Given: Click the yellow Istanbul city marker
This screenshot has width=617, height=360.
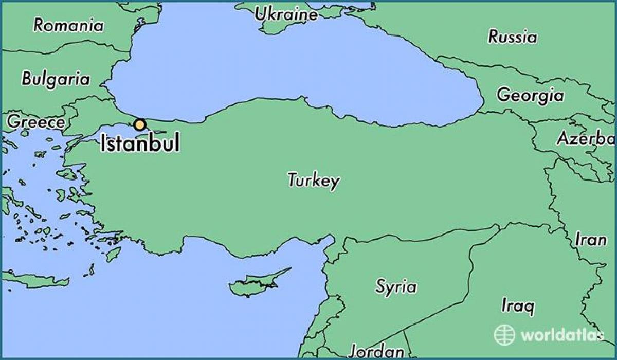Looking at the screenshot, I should click(x=139, y=124).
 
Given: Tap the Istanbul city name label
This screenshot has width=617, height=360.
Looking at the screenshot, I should click(x=140, y=143).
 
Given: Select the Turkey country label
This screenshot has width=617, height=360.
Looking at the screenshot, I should click(x=313, y=181).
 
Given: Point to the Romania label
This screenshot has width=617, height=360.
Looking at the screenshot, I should click(x=68, y=25).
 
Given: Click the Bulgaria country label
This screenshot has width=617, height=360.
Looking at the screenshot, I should click(x=56, y=79).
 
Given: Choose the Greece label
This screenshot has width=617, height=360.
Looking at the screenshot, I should click(x=36, y=122).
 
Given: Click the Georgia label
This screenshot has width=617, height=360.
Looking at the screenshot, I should click(x=530, y=95).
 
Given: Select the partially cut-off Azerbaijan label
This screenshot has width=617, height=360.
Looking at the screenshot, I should click(x=586, y=138).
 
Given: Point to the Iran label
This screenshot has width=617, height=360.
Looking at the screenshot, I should click(x=591, y=239).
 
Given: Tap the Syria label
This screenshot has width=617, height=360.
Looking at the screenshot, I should click(x=396, y=286).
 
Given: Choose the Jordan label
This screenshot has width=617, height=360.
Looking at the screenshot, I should click(x=376, y=352).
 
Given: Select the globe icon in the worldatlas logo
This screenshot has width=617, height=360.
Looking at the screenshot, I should click(x=504, y=335).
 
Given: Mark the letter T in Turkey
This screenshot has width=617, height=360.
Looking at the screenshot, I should click(x=292, y=179).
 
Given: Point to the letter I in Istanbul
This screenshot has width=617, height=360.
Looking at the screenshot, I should click(x=103, y=143).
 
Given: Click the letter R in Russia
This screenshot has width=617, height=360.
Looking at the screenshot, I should click(x=493, y=37).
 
